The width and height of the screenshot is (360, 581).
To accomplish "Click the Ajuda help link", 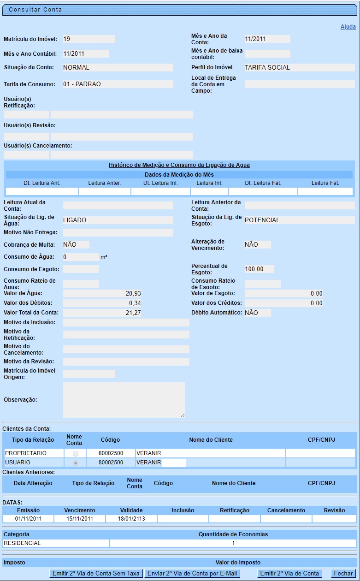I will pos(348,27).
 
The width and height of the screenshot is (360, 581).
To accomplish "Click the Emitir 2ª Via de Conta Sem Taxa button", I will pos(96,574).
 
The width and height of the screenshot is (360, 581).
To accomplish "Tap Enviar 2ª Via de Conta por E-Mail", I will pos(192,574).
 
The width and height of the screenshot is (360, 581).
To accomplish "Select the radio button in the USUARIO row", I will pos(76,462).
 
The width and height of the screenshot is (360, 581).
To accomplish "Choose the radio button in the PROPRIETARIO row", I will pos(76,454).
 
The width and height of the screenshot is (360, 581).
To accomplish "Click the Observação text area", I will pos(124,400).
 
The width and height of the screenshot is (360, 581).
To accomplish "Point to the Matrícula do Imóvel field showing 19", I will pos(89,39).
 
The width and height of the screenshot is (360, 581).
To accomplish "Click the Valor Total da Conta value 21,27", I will pos(102,313).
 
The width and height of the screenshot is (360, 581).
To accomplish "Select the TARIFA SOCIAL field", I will pos(299,67).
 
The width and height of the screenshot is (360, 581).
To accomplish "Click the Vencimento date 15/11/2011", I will pos(79,519).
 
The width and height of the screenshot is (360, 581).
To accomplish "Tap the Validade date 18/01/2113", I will pos(131,519).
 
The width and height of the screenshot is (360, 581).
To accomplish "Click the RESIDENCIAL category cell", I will pos(56,543).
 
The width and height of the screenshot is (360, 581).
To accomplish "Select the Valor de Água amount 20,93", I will pos(102,293).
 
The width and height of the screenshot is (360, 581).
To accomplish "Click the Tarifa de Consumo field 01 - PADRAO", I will pos(118,84).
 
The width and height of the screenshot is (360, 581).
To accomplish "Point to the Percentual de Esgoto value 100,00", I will pos(259,269).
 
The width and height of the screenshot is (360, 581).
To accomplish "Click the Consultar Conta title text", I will pos(35,10).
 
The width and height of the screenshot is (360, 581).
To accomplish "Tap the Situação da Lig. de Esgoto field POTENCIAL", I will pos(299,220).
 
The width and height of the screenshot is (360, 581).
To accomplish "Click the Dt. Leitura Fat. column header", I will pos(263,183).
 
